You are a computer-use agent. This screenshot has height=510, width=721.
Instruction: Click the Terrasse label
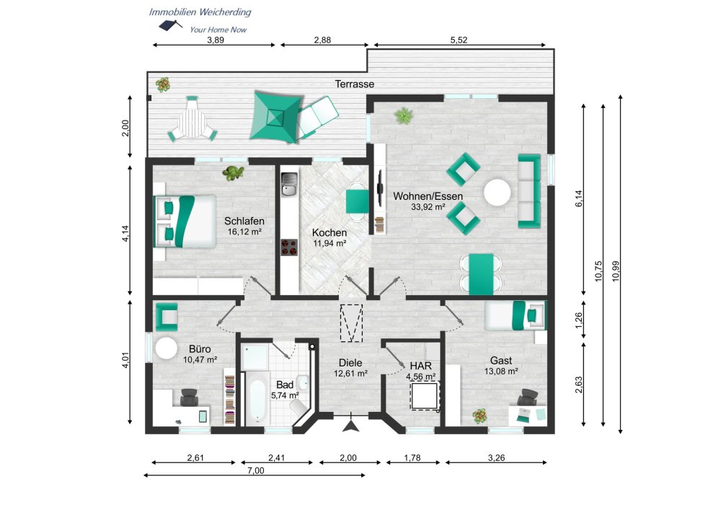click(x=354, y=84)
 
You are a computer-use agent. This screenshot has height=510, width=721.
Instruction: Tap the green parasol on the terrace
click(x=275, y=117)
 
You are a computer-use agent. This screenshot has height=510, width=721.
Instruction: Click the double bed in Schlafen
click(x=185, y=221)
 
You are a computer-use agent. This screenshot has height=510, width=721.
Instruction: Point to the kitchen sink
click(x=290, y=184)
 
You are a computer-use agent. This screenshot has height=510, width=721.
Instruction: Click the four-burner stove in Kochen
click(x=290, y=247)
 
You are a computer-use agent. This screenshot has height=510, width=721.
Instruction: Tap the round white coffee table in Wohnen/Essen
click(x=497, y=193)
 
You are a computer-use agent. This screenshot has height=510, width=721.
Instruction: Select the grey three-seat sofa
click(x=529, y=191)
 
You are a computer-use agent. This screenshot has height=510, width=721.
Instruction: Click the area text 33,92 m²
click(x=428, y=208)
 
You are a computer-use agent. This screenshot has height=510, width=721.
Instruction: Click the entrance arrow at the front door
click(x=351, y=426)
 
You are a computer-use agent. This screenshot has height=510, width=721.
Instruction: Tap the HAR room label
click(x=421, y=366)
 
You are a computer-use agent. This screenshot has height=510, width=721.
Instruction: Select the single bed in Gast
click(x=516, y=315)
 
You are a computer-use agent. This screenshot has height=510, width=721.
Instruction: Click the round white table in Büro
click(x=166, y=348)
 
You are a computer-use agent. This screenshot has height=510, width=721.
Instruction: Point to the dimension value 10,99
click(x=616, y=271)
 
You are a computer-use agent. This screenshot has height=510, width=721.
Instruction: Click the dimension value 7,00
click(x=256, y=470)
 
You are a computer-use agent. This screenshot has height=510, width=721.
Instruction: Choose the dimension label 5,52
click(x=459, y=40)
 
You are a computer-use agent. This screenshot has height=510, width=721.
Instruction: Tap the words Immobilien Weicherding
click(x=200, y=12)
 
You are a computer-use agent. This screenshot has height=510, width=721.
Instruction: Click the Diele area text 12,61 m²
click(x=350, y=374)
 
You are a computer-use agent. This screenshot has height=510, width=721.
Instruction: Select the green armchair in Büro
click(x=167, y=317)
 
